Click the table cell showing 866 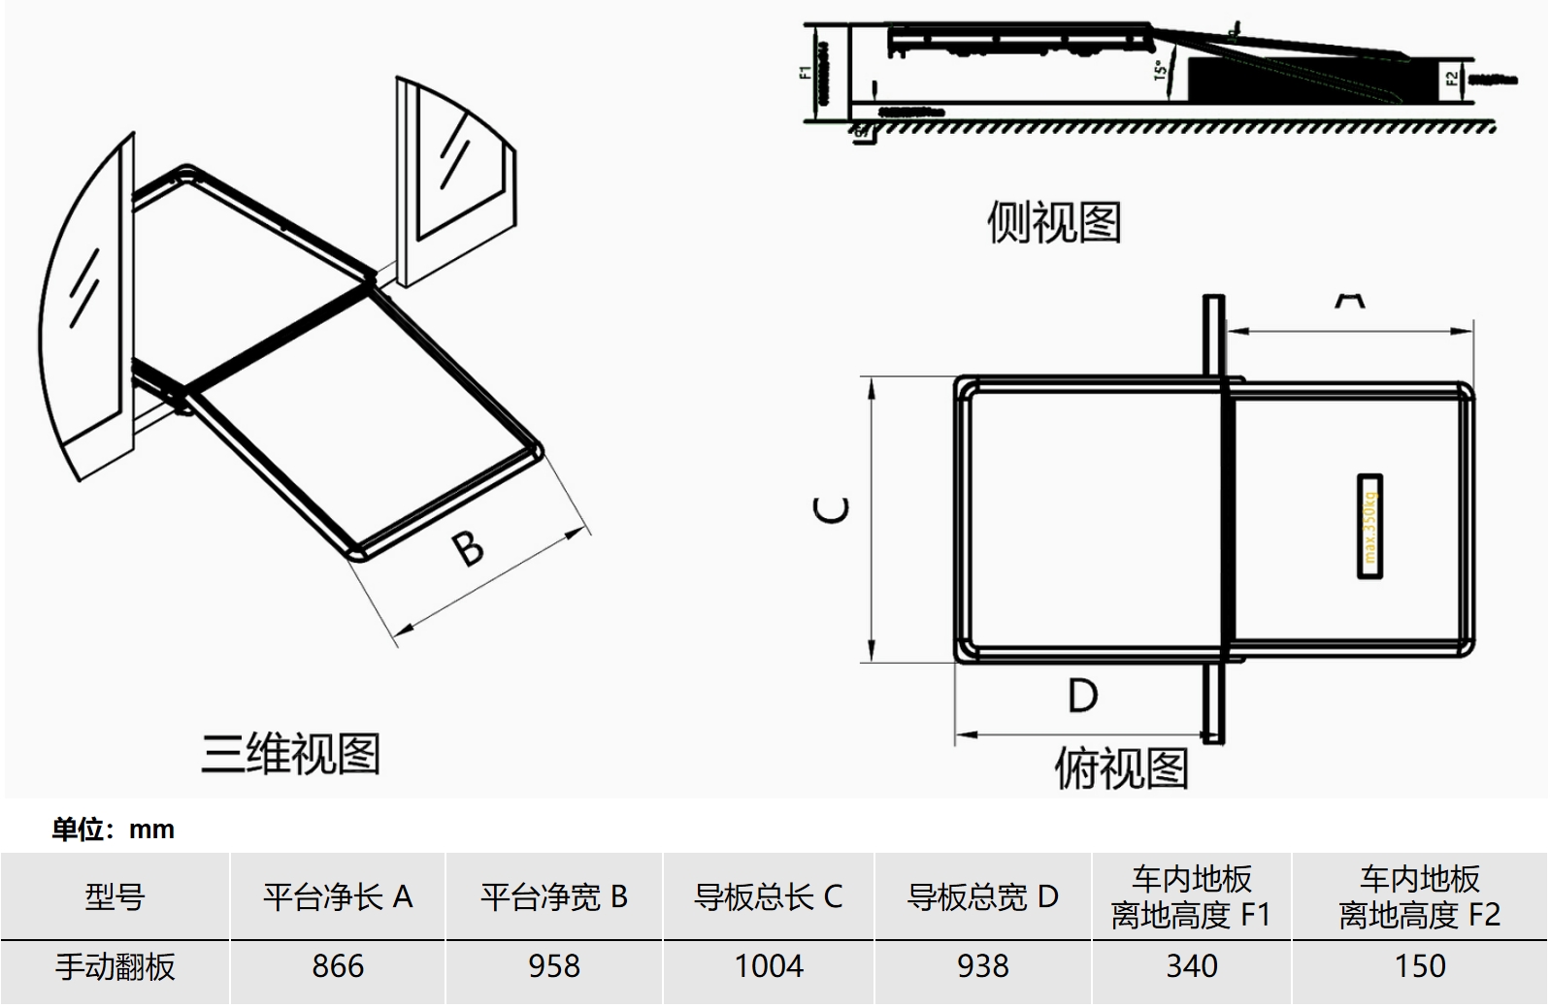(x=338, y=966)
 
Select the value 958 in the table (x=554, y=966)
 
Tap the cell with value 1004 (x=769, y=966)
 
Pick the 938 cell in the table (x=983, y=966)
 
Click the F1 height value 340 (x=1192, y=966)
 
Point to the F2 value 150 (x=1420, y=966)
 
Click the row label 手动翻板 (x=115, y=966)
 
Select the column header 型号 (x=115, y=896)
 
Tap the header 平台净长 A (x=338, y=896)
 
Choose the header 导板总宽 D (x=983, y=896)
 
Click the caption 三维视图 (x=290, y=754)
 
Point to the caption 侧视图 (x=1054, y=222)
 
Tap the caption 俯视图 (x=1121, y=768)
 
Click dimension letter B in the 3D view (x=469, y=548)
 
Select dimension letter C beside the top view (x=832, y=510)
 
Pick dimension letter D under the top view (x=1082, y=696)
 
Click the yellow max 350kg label (x=1369, y=527)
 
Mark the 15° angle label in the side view (x=1159, y=71)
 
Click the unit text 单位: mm (x=114, y=829)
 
